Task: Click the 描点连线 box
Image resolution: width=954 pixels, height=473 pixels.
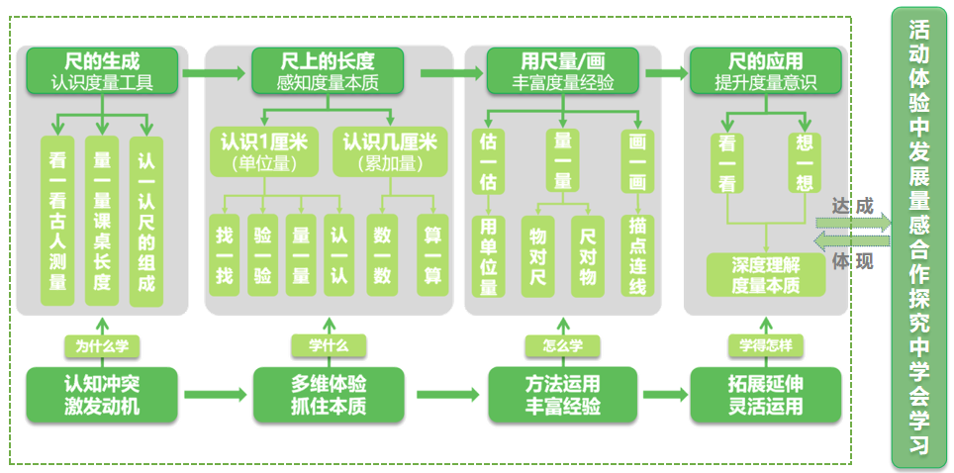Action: [x=637, y=255]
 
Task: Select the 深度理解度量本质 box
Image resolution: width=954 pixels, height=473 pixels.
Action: [x=765, y=275]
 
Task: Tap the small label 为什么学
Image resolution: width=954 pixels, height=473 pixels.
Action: [x=102, y=345]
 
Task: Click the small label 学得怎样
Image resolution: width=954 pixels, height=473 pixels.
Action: [x=765, y=345]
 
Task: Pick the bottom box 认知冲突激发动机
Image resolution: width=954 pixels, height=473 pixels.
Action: [x=102, y=394]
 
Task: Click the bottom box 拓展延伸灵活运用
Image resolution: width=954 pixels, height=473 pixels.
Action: [x=765, y=394]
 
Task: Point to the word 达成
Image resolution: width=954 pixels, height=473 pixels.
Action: [x=853, y=207]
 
